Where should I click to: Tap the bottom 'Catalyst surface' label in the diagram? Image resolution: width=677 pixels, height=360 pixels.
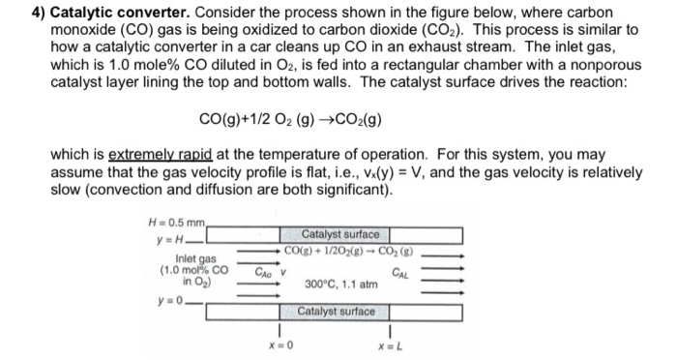pos(337,312)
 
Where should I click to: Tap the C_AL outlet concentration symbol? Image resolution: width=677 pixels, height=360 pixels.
pos(397,273)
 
